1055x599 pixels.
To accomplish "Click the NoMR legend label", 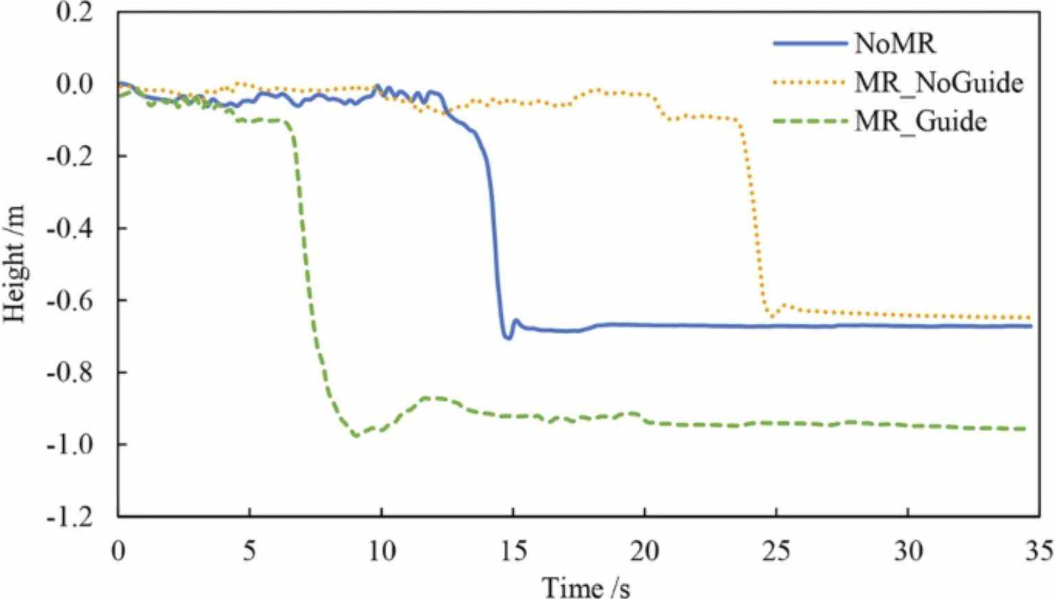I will click(x=894, y=44).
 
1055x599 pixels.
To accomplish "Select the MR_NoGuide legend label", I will click(x=938, y=83).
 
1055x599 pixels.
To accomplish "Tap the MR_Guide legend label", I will click(x=920, y=121).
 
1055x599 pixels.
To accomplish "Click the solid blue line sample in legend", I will click(x=810, y=44).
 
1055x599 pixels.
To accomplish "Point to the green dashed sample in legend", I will click(x=810, y=121).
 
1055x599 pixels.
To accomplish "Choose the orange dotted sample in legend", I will click(x=810, y=83).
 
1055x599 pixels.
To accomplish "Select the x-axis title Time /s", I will click(x=585, y=587).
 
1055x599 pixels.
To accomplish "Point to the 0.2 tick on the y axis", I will click(x=74, y=12).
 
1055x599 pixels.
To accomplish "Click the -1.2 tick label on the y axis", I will click(x=69, y=516).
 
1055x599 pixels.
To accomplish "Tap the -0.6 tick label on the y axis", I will click(x=69, y=300).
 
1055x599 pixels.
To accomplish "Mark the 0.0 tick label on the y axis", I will click(x=74, y=84).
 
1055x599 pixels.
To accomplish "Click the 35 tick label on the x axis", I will click(x=1039, y=550).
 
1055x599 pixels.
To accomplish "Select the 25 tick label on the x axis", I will click(x=776, y=550).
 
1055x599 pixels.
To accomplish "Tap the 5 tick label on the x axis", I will click(x=249, y=550).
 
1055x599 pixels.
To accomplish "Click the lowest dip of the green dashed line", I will click(x=355, y=435).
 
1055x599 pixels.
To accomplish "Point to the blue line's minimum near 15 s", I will click(x=508, y=338).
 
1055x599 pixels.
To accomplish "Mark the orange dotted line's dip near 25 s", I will click(x=772, y=316).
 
